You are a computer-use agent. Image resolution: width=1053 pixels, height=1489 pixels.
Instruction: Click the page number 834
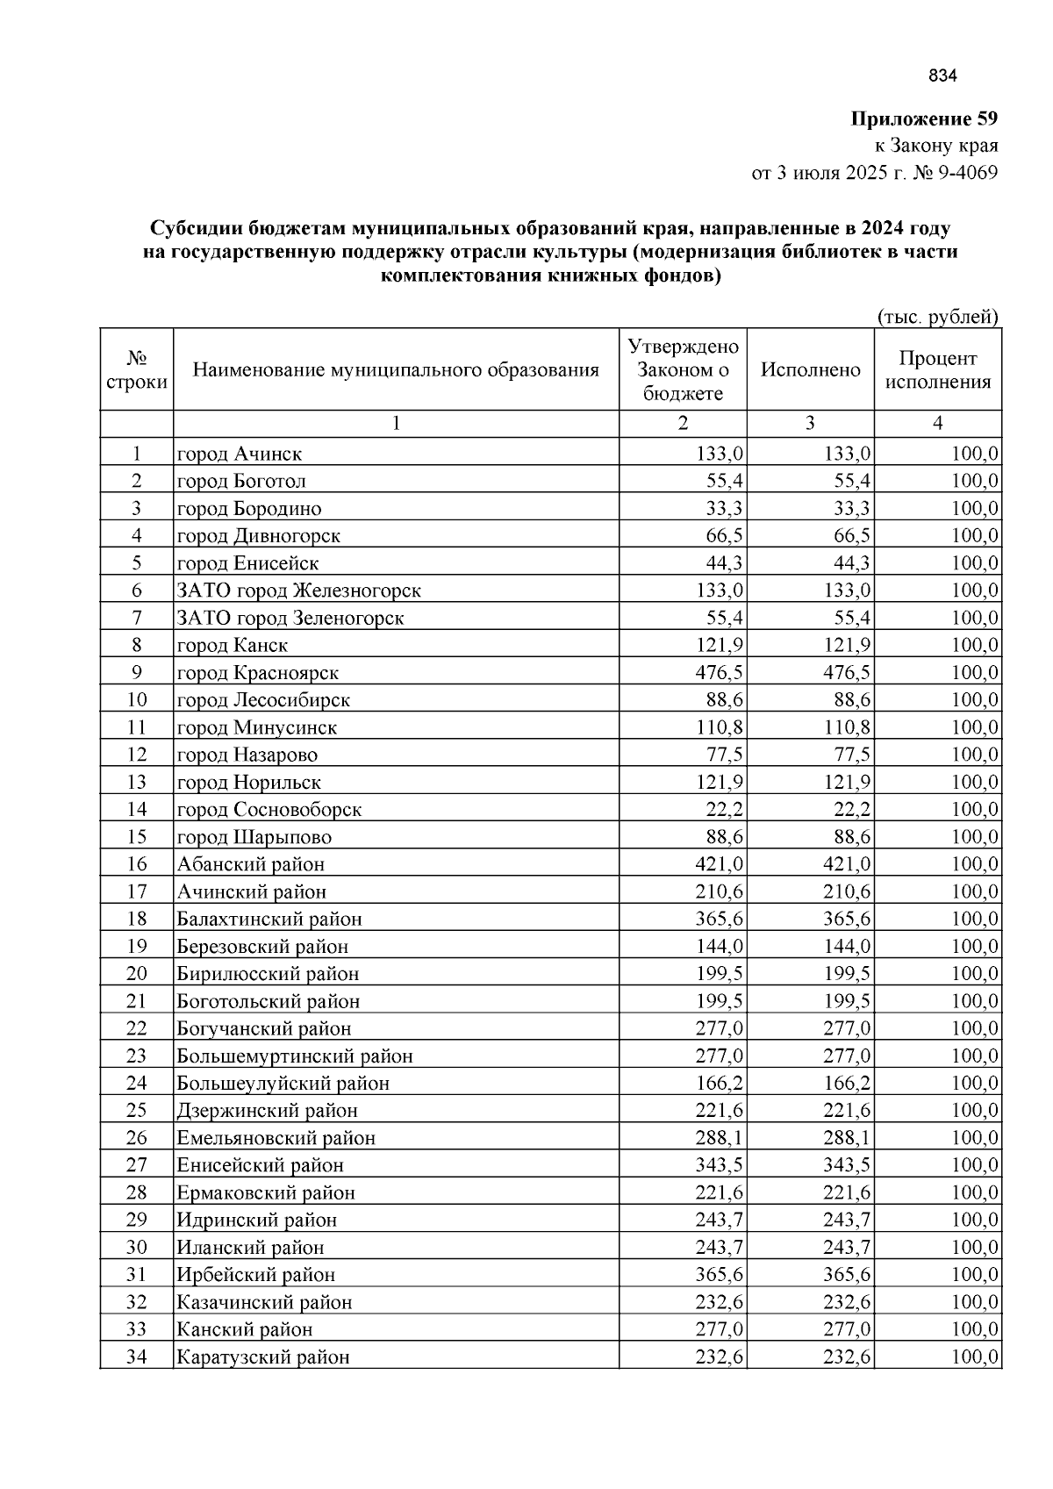click(x=942, y=75)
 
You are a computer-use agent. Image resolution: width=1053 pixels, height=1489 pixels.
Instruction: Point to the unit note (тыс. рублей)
click(x=938, y=317)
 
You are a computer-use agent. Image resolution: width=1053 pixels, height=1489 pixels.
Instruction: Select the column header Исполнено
click(x=810, y=369)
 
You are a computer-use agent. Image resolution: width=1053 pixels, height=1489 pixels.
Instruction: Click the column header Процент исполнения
click(x=937, y=369)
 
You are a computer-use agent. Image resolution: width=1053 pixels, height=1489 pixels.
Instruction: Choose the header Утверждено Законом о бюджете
click(x=684, y=369)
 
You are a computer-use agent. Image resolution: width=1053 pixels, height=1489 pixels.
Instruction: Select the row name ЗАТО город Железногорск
click(x=299, y=591)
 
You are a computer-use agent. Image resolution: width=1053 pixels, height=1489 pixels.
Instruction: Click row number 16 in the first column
click(x=136, y=864)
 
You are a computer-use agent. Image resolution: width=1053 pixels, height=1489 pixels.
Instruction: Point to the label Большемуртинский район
click(x=295, y=1056)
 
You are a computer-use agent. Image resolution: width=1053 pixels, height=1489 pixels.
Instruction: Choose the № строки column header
click(x=136, y=369)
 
